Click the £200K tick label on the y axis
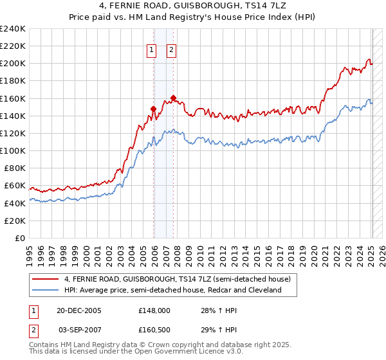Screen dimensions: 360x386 (12, 64)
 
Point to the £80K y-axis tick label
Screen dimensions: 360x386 (14, 168)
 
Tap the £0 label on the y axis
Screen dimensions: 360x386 (19, 238)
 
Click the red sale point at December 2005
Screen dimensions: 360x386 (153, 109)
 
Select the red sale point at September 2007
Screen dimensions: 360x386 (173, 98)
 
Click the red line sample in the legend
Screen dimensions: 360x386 (46, 279)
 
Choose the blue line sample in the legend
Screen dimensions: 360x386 (46, 290)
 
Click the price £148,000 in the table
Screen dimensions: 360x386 (154, 310)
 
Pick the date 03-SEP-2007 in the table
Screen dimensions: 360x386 (80, 329)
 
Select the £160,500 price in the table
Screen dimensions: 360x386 (154, 329)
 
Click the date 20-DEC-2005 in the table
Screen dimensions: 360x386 (80, 310)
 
